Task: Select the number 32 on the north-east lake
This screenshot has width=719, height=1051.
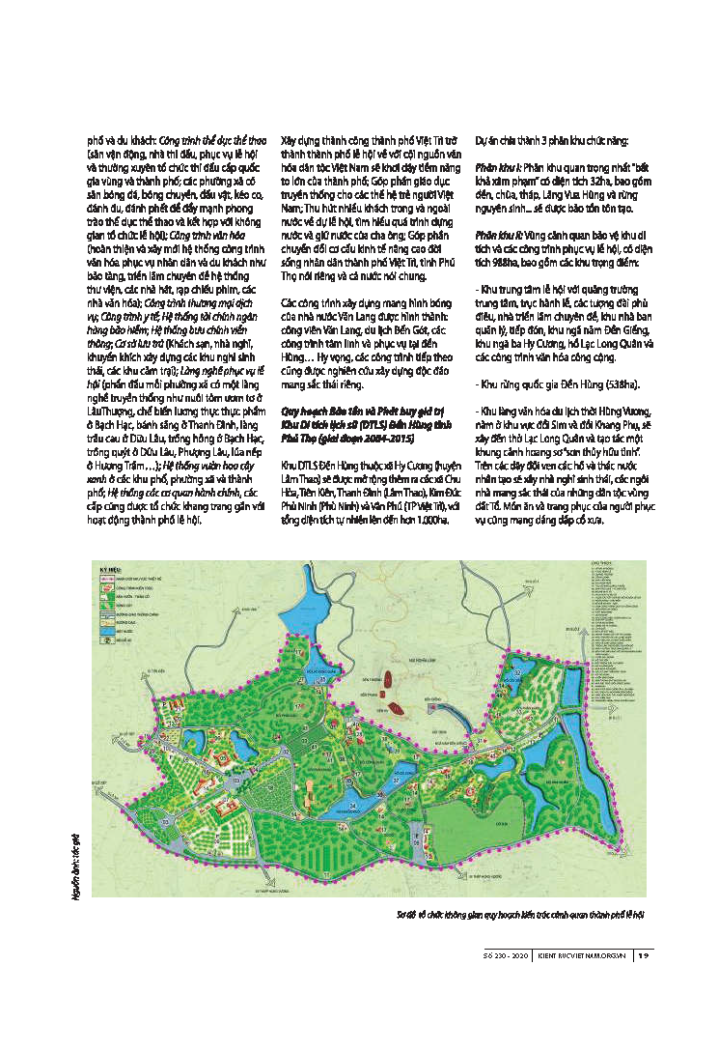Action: click(x=516, y=672)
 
